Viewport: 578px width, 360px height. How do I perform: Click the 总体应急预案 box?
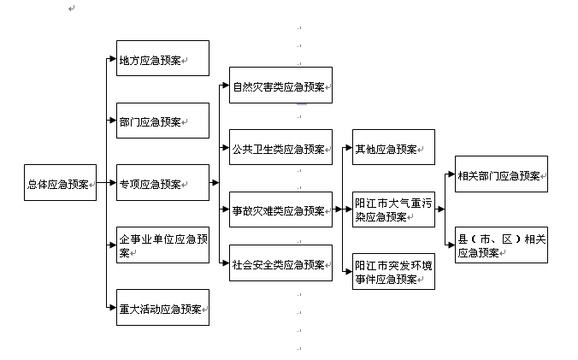tap(60, 182)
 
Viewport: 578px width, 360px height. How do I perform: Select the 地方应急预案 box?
tap(162, 59)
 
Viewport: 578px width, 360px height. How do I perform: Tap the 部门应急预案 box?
tap(162, 121)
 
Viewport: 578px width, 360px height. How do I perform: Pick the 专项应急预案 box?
tap(162, 182)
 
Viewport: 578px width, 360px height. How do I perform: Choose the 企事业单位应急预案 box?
tap(162, 245)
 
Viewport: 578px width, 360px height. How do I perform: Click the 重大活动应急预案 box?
tap(162, 308)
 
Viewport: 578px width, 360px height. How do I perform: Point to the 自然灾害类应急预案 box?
tap(280, 86)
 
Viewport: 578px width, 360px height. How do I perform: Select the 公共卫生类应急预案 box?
tap(280, 148)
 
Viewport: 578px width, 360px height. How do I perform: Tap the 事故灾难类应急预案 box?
tap(280, 210)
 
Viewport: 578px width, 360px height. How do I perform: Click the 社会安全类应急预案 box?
tap(280, 263)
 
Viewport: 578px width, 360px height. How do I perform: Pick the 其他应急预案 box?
tap(393, 148)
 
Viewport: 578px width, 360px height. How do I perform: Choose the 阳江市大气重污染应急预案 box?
tap(393, 210)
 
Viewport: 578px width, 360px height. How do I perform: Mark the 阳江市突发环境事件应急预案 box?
tap(393, 271)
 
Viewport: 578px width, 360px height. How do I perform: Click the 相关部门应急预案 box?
tap(501, 174)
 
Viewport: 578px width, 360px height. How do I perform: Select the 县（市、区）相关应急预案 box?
tap(501, 245)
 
